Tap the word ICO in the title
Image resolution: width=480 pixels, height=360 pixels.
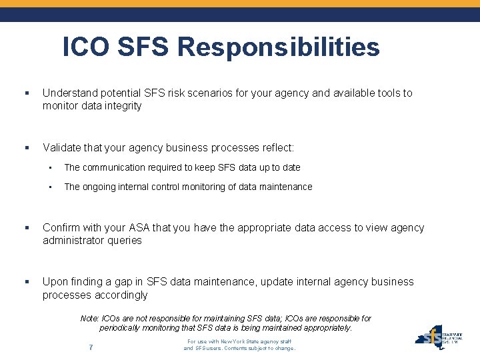(86, 47)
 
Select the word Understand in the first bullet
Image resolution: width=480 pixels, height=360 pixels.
(69, 93)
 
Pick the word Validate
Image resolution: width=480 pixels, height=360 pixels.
(63, 147)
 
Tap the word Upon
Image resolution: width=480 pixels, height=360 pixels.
(55, 281)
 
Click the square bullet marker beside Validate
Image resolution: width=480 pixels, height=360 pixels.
(26, 147)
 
